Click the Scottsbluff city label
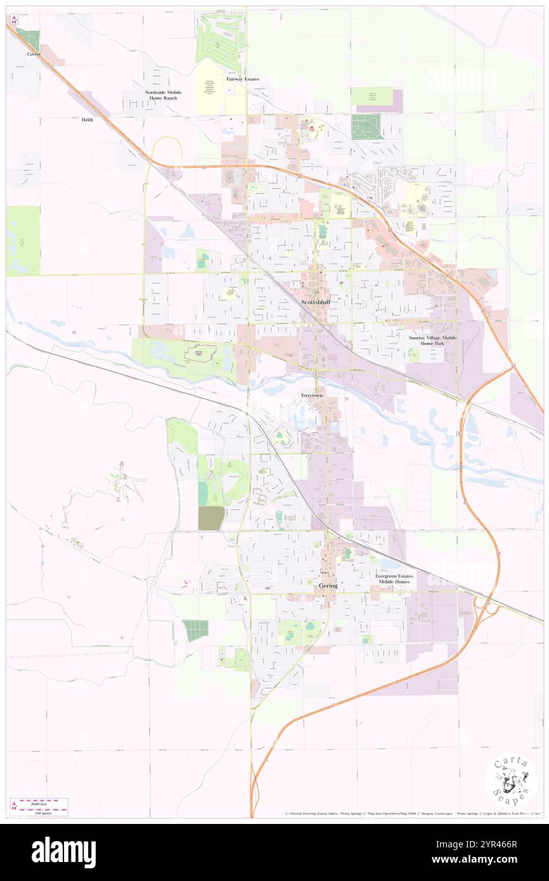coord(315,303)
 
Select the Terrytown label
coord(311,395)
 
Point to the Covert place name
coord(34,55)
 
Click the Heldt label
coord(87,120)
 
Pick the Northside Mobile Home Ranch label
coord(163,95)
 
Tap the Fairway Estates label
coord(243,79)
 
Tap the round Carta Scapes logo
coord(511,781)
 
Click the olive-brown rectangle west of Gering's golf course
coord(211,518)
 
